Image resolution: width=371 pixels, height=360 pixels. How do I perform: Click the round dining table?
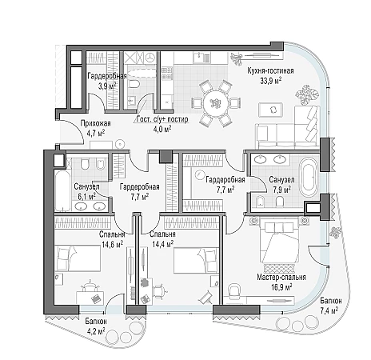tap(215, 102)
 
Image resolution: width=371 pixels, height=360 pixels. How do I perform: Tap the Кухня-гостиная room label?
tap(270, 71)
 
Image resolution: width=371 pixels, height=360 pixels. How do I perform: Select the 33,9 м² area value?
tap(271, 81)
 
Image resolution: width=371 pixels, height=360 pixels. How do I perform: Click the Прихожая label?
tap(95, 123)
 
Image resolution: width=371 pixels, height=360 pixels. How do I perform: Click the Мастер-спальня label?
tap(281, 278)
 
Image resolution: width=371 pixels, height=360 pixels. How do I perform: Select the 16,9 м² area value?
tap(281, 287)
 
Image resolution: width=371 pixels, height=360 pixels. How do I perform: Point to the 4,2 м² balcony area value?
tap(95, 331)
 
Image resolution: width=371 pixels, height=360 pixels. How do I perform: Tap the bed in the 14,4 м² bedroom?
tap(197, 260)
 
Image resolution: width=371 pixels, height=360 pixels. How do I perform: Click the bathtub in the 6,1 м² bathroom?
tap(62, 190)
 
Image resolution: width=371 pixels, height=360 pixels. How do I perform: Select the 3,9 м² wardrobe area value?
tap(106, 86)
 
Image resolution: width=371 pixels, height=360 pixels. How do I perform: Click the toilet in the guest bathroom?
tap(134, 85)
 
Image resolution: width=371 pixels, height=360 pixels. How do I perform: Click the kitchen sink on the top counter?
tap(198, 57)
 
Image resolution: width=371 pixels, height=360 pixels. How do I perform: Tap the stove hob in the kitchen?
tap(166, 73)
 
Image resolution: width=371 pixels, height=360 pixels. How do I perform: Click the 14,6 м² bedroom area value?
tap(112, 244)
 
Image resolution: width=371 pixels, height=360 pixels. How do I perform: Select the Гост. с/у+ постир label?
tap(162, 119)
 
